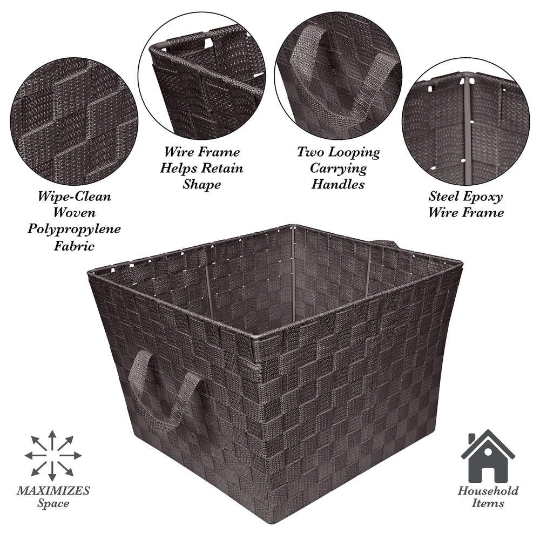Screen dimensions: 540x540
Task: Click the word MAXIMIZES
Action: [53, 490]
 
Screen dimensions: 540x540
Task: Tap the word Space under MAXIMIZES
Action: [53, 503]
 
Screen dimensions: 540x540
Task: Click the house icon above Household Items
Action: [488, 456]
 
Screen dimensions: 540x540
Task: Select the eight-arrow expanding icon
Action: [53, 456]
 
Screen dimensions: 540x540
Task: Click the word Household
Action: [488, 490]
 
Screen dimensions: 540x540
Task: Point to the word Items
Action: [488, 503]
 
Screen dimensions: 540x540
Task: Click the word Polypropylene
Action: [74, 230]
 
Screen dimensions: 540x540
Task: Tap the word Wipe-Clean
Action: [75, 197]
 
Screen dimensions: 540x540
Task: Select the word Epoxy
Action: [484, 197]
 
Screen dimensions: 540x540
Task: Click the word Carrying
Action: [338, 168]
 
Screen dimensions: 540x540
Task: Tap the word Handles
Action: [338, 184]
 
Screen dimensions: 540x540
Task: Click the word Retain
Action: [222, 168]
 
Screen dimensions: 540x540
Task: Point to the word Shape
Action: [202, 185]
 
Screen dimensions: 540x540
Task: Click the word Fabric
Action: [74, 246]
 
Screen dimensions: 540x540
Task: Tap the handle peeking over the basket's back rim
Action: [387, 244]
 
